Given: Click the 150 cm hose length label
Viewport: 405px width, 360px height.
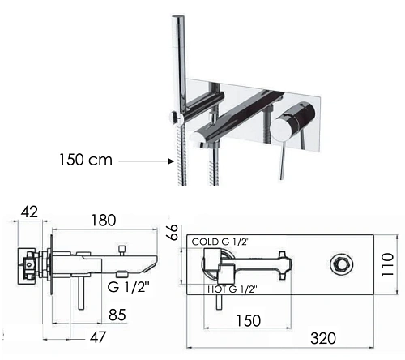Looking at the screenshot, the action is tap(86, 160).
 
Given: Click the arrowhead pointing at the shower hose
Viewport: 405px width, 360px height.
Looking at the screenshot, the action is tap(171, 161).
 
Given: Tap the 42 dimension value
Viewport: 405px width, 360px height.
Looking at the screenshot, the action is tap(29, 212).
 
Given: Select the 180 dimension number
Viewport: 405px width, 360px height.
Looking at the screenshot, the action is tap(104, 220).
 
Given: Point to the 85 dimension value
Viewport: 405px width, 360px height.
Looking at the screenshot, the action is tap(117, 315).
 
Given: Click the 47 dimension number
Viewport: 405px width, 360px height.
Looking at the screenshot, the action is tap(98, 337).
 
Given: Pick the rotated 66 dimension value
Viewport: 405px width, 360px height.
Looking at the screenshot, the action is tap(173, 232).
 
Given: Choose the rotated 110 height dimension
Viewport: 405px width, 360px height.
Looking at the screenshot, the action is tap(388, 264).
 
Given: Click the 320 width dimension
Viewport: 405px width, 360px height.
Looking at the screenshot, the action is tap(323, 338).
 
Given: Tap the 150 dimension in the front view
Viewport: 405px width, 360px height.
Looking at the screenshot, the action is tap(249, 320).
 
